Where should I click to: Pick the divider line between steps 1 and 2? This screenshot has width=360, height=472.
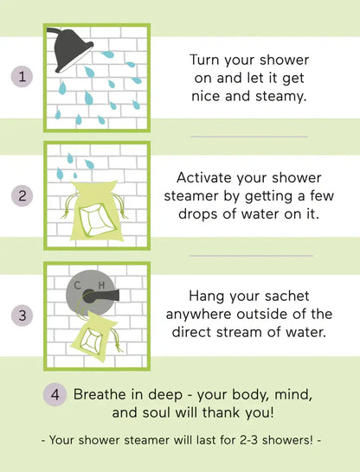point(248,137)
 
